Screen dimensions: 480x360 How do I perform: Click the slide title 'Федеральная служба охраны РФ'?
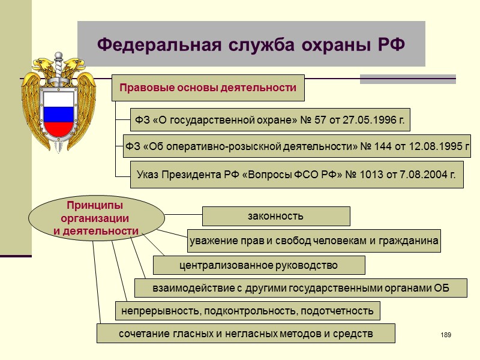click(251, 44)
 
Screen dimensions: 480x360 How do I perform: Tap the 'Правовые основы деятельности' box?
click(208, 88)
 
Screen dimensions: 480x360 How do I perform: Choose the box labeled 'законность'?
click(275, 216)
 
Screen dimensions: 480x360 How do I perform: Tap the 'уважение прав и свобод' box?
click(314, 241)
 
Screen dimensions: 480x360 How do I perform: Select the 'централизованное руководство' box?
click(259, 265)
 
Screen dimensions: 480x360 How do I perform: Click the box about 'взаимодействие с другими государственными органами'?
click(301, 288)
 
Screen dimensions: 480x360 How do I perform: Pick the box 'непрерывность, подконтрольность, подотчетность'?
click(247, 311)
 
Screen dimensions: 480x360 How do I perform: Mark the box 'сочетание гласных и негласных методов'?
click(246, 333)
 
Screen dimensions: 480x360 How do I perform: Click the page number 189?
click(445, 334)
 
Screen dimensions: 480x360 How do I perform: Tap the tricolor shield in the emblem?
click(58, 113)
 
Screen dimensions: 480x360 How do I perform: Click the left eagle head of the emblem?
click(43, 64)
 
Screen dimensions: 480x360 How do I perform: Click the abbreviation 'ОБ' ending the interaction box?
click(442, 288)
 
